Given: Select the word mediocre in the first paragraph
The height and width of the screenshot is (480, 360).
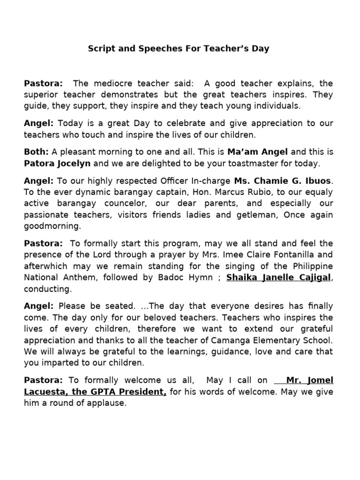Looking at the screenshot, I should [124, 83].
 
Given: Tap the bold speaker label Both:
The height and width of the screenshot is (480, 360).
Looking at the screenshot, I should [37, 152].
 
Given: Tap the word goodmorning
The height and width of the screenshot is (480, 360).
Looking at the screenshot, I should [52, 226].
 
